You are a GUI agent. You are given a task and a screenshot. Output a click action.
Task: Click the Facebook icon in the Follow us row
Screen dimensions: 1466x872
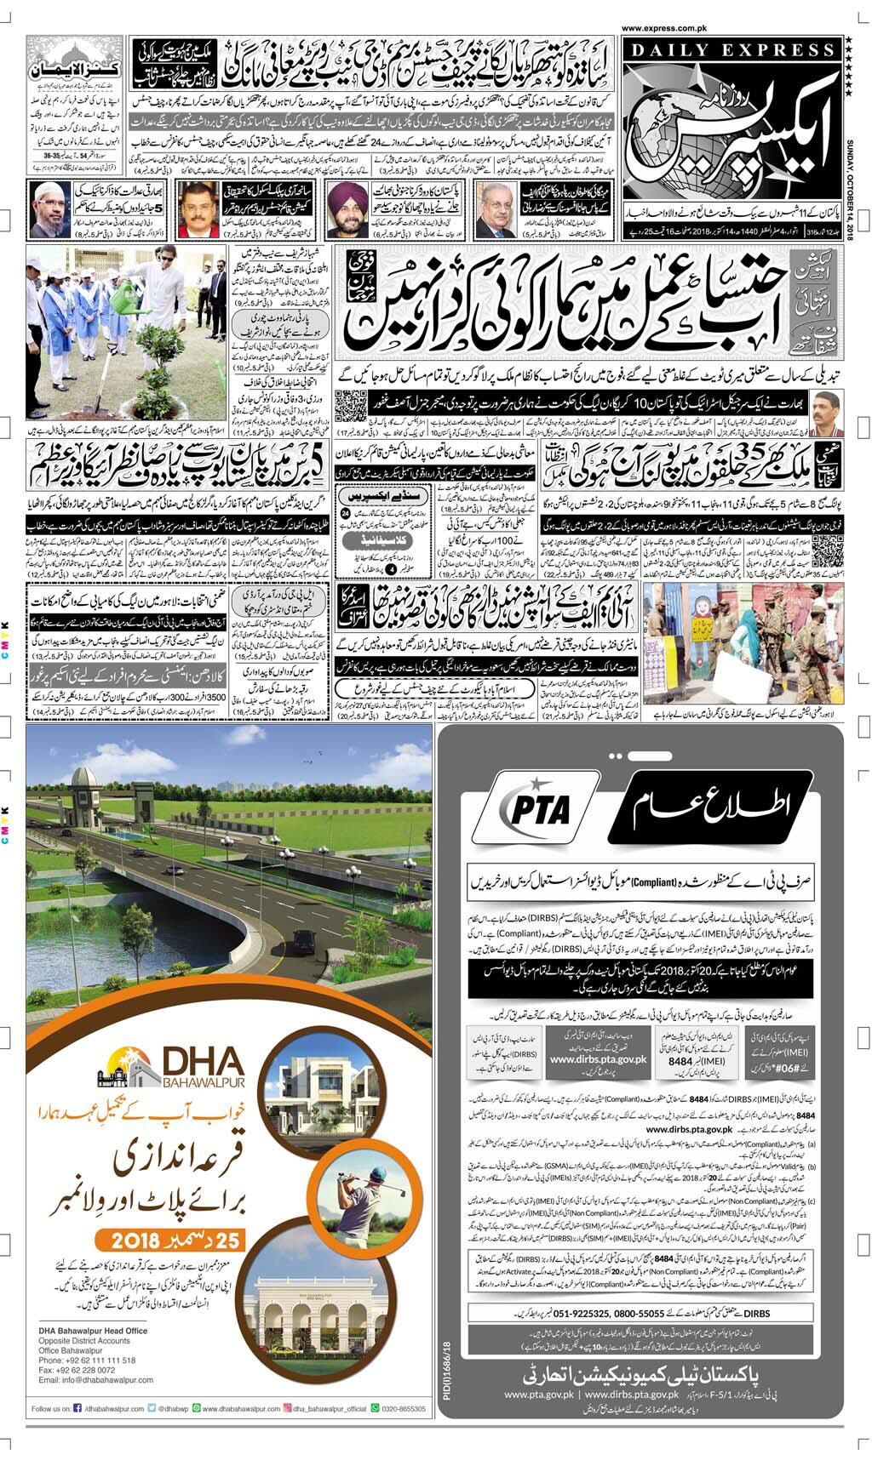coord(77,1409)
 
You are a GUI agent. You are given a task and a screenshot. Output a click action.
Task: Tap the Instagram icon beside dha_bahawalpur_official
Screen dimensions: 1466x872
coord(288,1409)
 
